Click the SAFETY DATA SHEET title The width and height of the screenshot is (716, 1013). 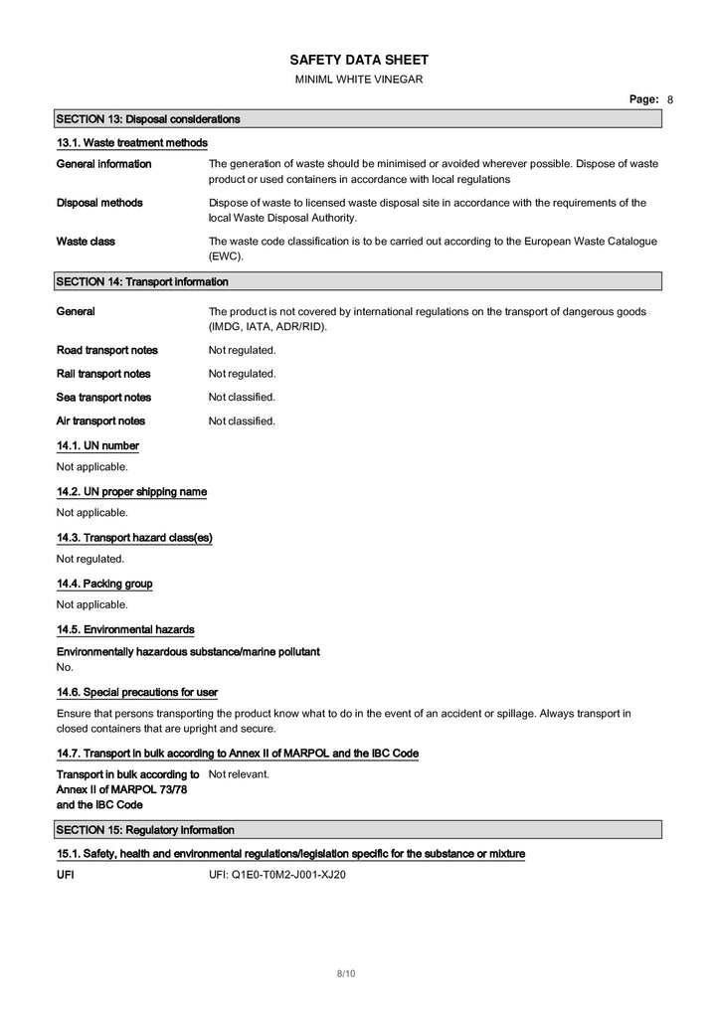(x=358, y=61)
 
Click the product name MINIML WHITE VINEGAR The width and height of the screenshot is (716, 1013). (x=358, y=80)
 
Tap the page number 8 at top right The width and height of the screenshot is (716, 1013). (x=670, y=100)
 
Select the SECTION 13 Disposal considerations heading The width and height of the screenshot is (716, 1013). (x=148, y=119)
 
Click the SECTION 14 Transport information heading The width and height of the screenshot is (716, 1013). (x=142, y=281)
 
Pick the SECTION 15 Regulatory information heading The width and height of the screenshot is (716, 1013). (x=145, y=830)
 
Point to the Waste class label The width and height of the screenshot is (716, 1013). (x=86, y=242)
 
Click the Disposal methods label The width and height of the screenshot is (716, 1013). (x=99, y=203)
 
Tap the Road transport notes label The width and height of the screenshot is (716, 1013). (x=106, y=350)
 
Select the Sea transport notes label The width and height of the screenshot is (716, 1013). (x=103, y=398)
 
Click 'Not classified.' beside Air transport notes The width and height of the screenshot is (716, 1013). (x=242, y=422)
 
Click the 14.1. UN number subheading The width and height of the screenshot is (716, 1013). (x=97, y=446)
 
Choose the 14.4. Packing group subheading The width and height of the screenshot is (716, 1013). (x=104, y=584)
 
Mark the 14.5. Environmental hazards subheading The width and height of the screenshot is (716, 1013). (x=125, y=629)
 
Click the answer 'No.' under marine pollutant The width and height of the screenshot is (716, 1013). (x=65, y=667)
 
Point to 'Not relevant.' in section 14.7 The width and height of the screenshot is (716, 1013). (x=239, y=773)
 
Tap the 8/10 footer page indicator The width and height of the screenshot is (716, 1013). (x=346, y=973)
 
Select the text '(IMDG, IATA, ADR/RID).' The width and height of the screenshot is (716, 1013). (x=268, y=327)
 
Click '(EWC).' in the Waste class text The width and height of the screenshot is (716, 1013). (x=226, y=256)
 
